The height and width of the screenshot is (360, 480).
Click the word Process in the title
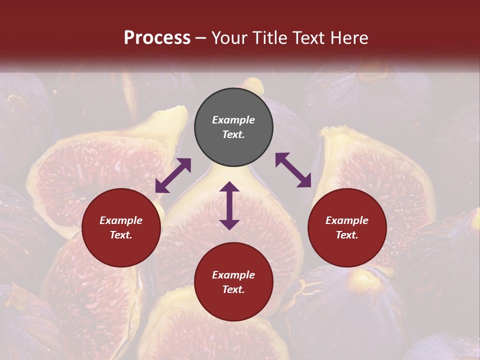point(157,38)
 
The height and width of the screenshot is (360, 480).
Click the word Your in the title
point(229,38)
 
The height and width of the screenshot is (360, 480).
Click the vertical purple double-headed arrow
point(229,205)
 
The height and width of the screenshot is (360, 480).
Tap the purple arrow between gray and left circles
point(173,175)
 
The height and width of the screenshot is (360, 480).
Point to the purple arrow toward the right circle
point(293,170)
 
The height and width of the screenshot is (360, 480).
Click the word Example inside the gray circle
point(233,120)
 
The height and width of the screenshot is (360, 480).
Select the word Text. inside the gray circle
point(233,134)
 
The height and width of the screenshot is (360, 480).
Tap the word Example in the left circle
point(121,220)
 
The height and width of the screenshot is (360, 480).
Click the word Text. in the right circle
point(347,235)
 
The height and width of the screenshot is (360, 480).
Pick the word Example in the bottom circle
point(233,275)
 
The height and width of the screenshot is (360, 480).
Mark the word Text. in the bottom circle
point(233,289)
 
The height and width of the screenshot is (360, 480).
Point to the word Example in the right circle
point(347,220)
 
